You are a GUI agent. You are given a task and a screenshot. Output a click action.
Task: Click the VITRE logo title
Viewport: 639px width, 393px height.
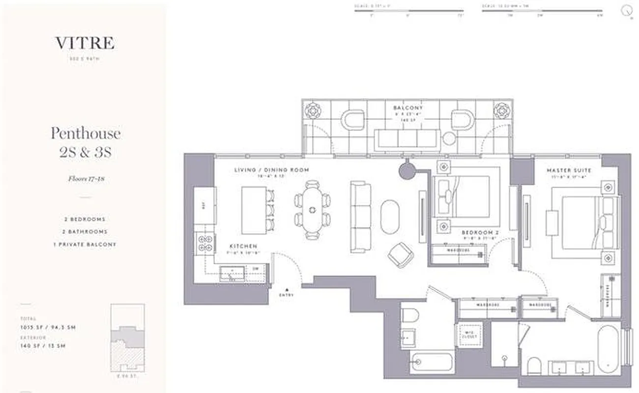pos(85,43)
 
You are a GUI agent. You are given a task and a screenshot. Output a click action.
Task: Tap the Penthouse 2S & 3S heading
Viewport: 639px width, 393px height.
pos(86,142)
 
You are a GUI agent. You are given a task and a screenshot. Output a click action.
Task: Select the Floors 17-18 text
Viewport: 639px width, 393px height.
pos(86,179)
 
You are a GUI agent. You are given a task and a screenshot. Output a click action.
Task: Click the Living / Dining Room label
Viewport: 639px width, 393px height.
pos(272,170)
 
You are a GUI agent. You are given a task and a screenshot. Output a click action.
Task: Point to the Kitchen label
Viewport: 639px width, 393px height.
pos(243,246)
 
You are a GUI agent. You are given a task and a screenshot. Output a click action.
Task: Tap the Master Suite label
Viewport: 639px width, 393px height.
pos(569,170)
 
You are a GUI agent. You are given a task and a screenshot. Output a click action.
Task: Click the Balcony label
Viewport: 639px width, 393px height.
pos(408,108)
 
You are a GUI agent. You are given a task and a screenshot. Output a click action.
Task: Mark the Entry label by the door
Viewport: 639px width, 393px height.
pos(287,295)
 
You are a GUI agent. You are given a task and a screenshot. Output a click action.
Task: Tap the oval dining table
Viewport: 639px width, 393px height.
pos(312,210)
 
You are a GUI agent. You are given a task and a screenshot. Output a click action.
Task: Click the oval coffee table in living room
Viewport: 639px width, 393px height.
pos(390,216)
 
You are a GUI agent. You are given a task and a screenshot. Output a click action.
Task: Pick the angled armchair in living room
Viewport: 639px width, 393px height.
pos(401,255)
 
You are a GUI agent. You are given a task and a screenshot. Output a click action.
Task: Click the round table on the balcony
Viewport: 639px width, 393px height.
pos(449,139)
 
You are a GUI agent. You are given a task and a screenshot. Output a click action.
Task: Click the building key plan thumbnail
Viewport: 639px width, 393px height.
pos(127,337)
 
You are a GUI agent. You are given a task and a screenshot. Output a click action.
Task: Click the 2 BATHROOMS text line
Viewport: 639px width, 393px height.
pos(86,231)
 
